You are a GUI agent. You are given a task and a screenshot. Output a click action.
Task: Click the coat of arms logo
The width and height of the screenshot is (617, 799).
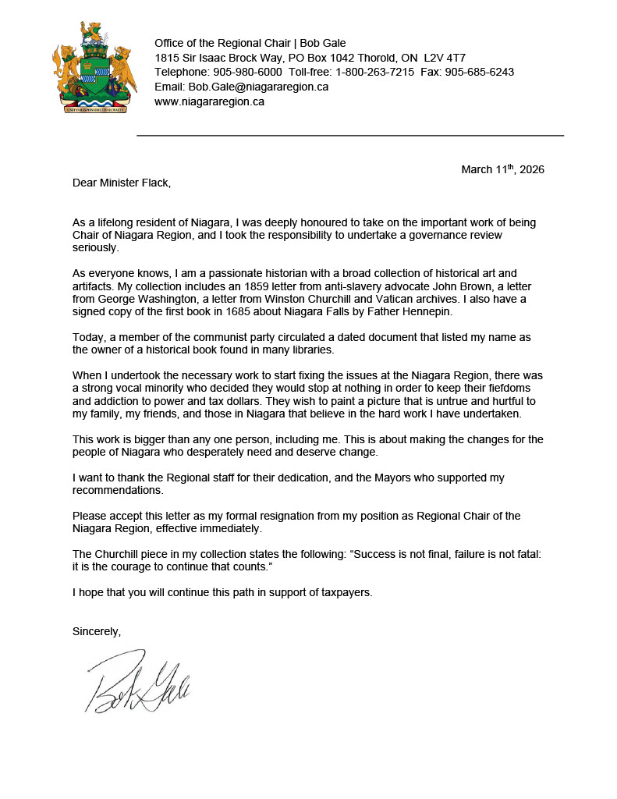tap(89, 68)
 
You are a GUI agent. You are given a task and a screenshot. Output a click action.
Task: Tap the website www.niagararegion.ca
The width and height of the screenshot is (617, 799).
tap(209, 101)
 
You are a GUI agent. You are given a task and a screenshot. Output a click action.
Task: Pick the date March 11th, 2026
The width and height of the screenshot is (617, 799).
tap(502, 169)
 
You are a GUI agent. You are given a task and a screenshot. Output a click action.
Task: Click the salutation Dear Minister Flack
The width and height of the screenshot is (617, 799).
tap(121, 183)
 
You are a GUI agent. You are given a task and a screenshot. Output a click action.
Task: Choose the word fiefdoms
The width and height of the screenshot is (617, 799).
tap(511, 388)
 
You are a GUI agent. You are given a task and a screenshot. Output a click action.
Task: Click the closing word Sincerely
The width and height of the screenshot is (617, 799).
tap(97, 630)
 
